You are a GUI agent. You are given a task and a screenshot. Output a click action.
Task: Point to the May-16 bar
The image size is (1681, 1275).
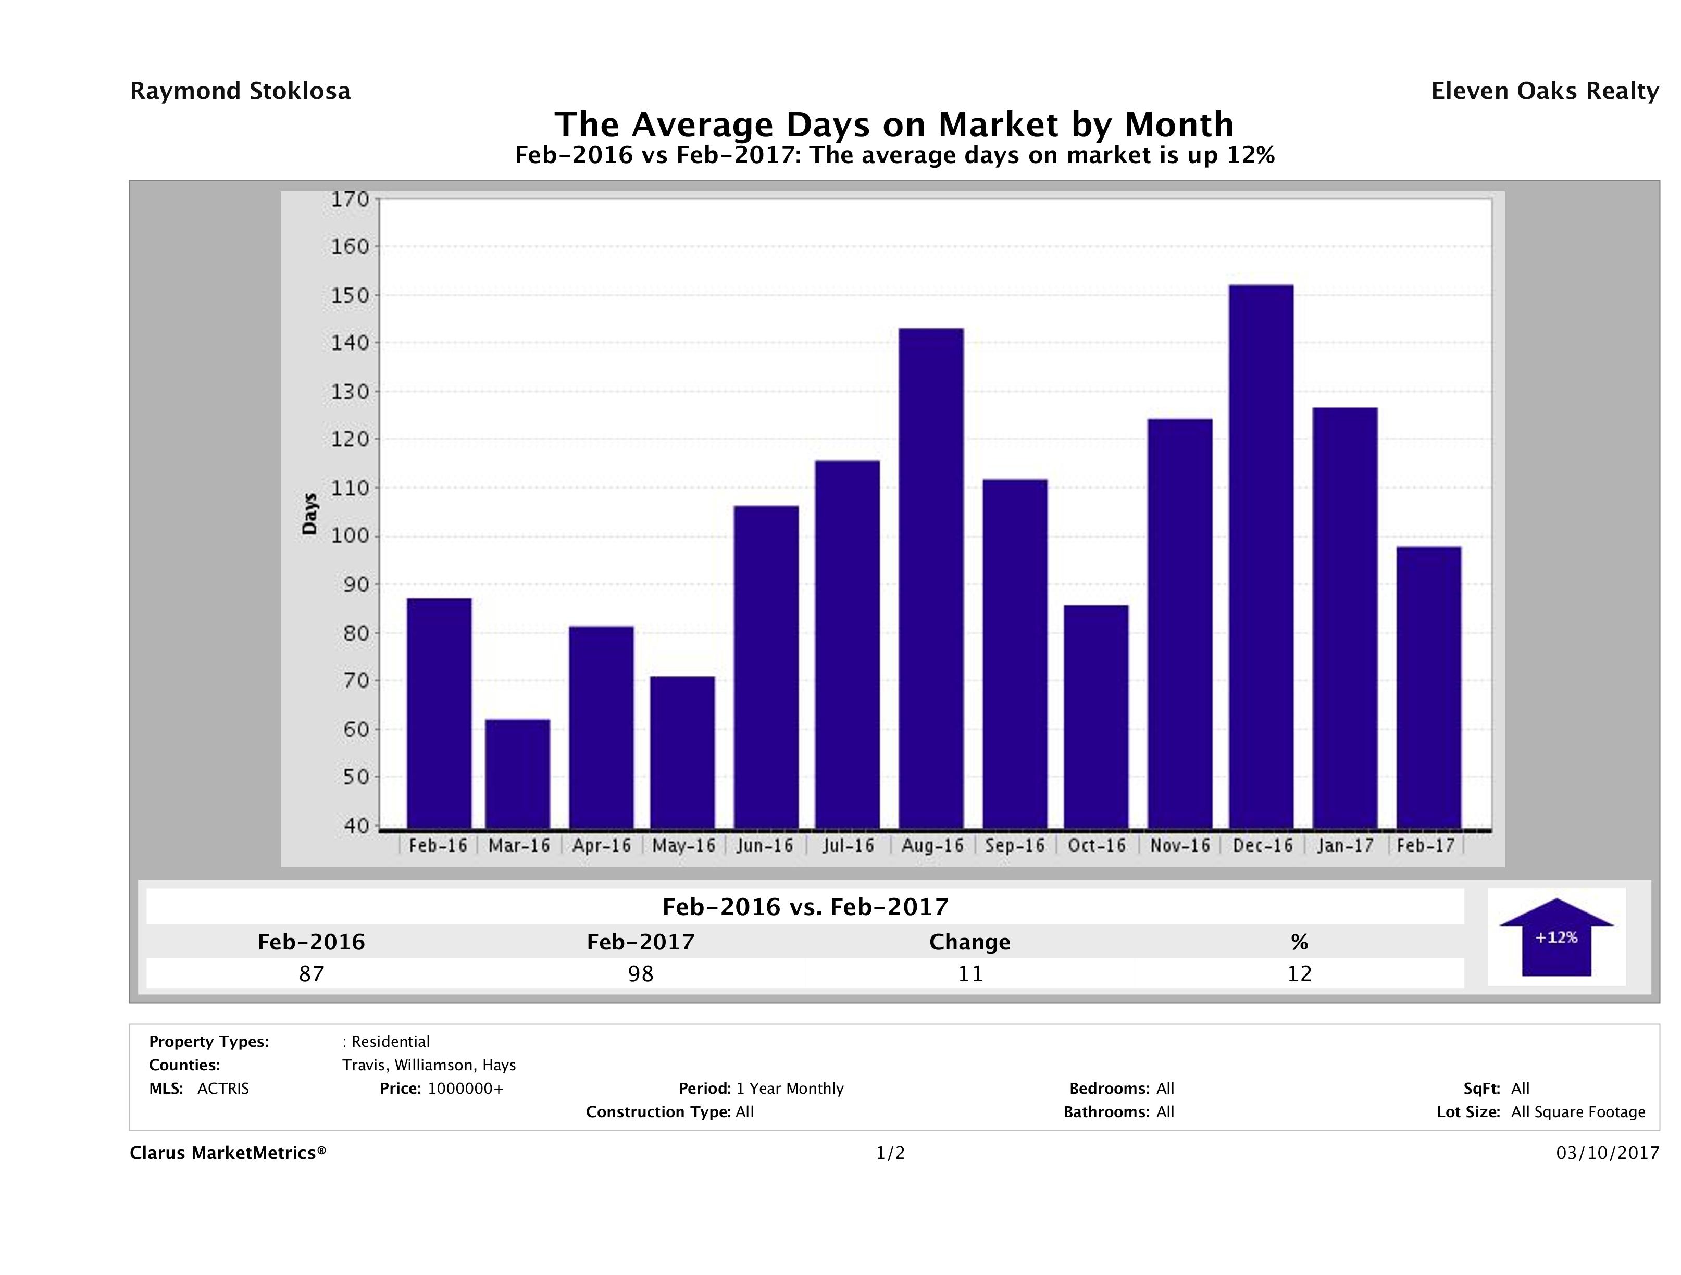tap(682, 752)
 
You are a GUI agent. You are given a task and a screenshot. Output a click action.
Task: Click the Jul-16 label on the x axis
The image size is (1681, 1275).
tap(848, 846)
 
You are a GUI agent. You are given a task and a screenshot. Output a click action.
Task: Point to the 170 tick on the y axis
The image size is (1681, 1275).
tap(350, 199)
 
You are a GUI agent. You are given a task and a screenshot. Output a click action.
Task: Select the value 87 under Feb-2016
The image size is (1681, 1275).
tap(312, 973)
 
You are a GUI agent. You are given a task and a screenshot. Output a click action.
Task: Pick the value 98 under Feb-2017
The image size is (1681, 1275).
tap(641, 973)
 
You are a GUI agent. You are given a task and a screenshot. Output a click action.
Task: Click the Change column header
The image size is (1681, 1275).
tap(970, 942)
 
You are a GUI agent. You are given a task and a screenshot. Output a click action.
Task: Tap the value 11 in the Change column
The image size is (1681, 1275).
tap(970, 973)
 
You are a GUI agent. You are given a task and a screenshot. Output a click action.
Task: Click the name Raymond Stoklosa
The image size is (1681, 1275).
tap(240, 91)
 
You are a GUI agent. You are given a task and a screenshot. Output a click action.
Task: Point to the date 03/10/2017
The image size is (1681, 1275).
tap(1607, 1154)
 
